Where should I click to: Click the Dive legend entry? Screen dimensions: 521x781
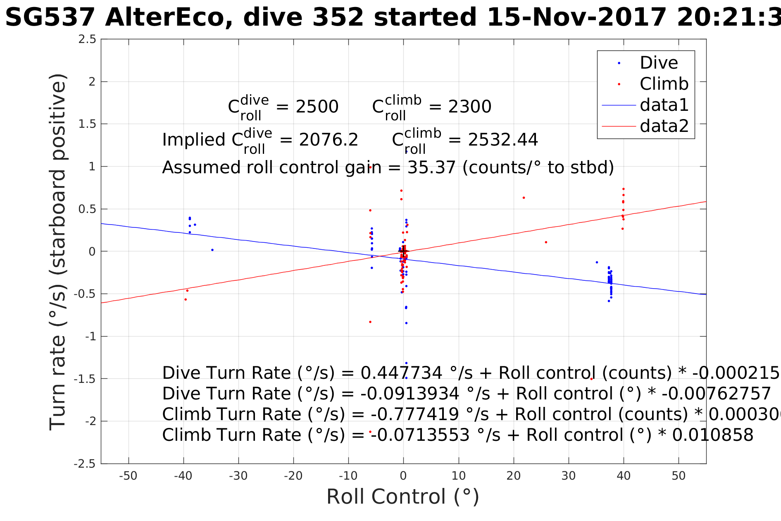pos(659,63)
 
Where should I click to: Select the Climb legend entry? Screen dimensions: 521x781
pos(664,84)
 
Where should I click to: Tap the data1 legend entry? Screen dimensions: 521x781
pos(664,105)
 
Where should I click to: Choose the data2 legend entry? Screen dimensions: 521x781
pos(664,126)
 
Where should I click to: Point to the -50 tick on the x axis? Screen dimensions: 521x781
pos(128,476)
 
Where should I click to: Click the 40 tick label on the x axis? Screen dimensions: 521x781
pos(624,476)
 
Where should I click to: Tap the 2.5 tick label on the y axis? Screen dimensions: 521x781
pos(87,39)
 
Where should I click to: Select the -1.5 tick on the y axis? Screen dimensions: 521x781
pos(84,379)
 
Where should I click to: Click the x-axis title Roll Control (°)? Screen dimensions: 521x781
pos(402,497)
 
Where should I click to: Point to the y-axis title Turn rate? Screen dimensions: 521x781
pos(58,252)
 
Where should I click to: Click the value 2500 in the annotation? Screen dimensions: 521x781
pos(317,107)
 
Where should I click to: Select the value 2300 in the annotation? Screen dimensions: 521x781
pos(470,107)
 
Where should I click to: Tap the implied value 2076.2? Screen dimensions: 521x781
pos(329,140)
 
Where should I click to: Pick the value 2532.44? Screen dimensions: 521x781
pos(503,140)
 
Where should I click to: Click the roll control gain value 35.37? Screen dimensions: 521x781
pos(431,168)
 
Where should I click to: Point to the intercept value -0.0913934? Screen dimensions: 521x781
pos(410,394)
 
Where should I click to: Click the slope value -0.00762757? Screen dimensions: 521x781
pos(716,394)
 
